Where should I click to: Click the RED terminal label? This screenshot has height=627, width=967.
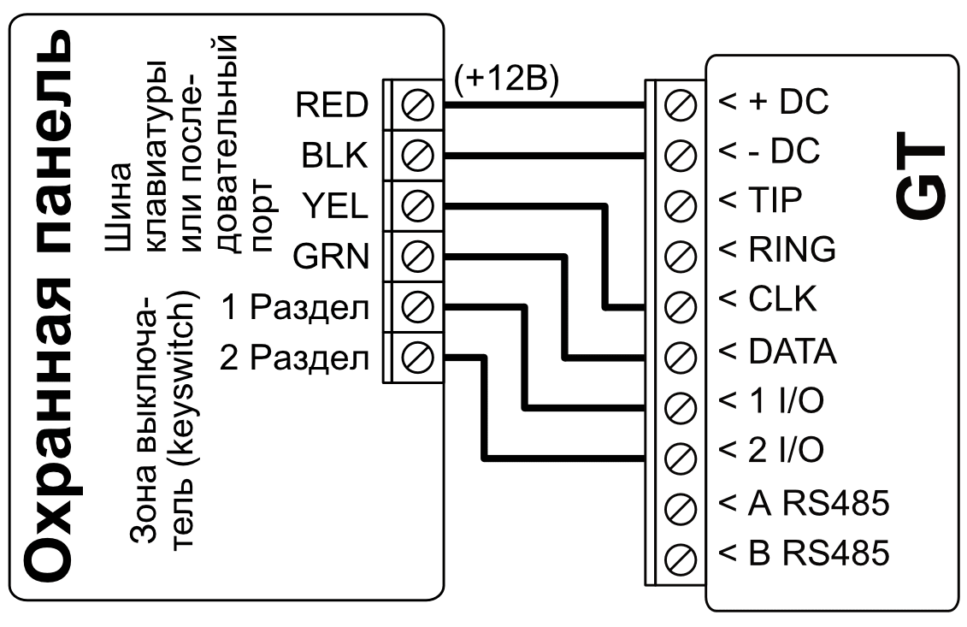(332, 105)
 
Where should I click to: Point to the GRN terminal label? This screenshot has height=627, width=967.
(332, 256)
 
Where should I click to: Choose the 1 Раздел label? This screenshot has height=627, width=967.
(296, 306)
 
